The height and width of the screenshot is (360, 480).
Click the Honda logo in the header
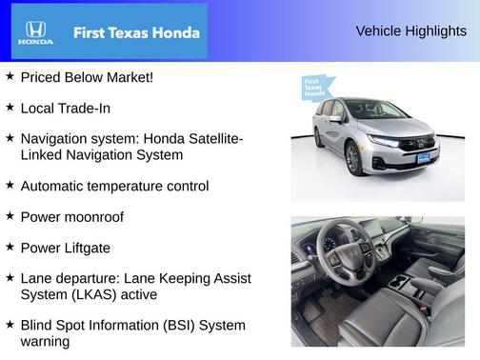(x=35, y=32)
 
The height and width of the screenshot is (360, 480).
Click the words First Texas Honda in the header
(x=136, y=32)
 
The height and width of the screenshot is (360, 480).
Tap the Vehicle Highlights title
(x=410, y=30)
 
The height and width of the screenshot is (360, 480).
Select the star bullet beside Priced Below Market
(x=10, y=76)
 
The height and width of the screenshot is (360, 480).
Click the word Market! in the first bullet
(x=130, y=77)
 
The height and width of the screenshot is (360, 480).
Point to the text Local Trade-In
(x=65, y=108)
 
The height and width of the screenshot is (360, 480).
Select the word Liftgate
(x=86, y=248)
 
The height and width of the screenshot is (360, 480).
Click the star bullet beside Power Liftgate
(x=10, y=247)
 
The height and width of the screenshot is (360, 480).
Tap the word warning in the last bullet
(x=45, y=341)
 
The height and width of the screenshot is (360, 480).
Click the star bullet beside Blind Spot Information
(x=10, y=325)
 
